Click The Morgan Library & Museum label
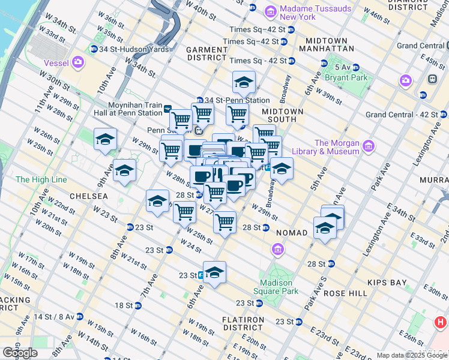click(x=337, y=147)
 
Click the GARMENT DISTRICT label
click(x=207, y=53)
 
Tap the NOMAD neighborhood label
click(x=292, y=232)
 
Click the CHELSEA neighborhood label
click(x=88, y=196)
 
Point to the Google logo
click(x=20, y=353)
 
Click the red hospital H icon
click(x=441, y=322)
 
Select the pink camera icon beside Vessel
click(x=78, y=62)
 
